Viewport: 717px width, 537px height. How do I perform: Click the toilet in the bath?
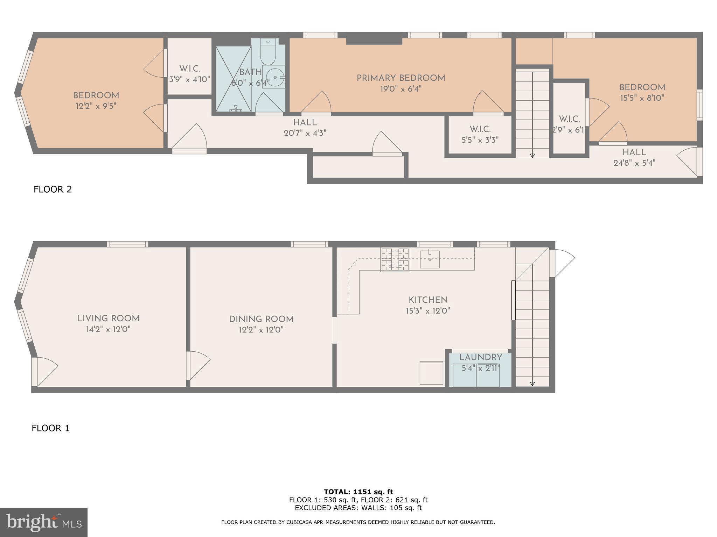pyautogui.click(x=268, y=52)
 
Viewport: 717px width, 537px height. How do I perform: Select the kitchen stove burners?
pyautogui.click(x=395, y=259)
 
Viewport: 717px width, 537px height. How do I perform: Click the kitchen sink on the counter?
pyautogui.click(x=430, y=259)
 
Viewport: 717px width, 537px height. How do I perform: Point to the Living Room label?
pyautogui.click(x=108, y=318)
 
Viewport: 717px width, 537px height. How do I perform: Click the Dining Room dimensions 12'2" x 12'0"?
pyautogui.click(x=261, y=330)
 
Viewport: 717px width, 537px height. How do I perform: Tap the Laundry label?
pyautogui.click(x=480, y=357)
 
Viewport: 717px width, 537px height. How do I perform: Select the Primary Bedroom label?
pyautogui.click(x=401, y=78)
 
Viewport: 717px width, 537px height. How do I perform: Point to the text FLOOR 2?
pyautogui.click(x=53, y=189)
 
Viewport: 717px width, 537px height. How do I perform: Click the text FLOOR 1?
pyautogui.click(x=51, y=428)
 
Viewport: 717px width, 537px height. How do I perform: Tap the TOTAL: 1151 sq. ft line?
pyautogui.click(x=358, y=492)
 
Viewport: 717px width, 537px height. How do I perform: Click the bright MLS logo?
pyautogui.click(x=44, y=523)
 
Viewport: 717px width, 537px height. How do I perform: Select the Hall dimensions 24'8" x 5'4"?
pyautogui.click(x=634, y=163)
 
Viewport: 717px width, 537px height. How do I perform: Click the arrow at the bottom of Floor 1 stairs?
pyautogui.click(x=532, y=384)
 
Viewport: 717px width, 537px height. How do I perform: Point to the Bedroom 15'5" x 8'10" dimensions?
pyautogui.click(x=642, y=98)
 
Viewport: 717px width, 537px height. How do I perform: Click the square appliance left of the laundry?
pyautogui.click(x=431, y=373)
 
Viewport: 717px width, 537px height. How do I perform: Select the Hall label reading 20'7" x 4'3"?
pyautogui.click(x=305, y=133)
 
